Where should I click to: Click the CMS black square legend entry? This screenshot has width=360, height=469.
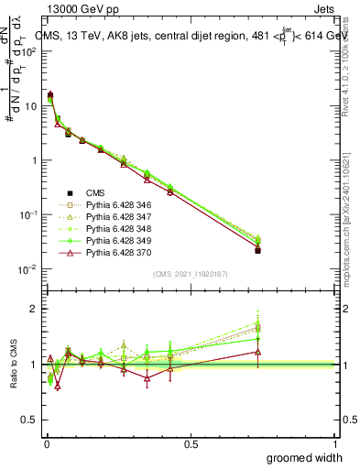pos(94,192)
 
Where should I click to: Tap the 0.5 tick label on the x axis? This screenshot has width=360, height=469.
pos(191,443)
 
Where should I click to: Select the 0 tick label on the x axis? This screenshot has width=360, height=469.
pos(45,443)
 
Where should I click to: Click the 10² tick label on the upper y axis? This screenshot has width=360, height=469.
pos(29,51)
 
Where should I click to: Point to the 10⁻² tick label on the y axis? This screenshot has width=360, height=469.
pos(28,269)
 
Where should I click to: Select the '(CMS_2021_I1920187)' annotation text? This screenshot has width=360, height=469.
pos(190,273)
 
